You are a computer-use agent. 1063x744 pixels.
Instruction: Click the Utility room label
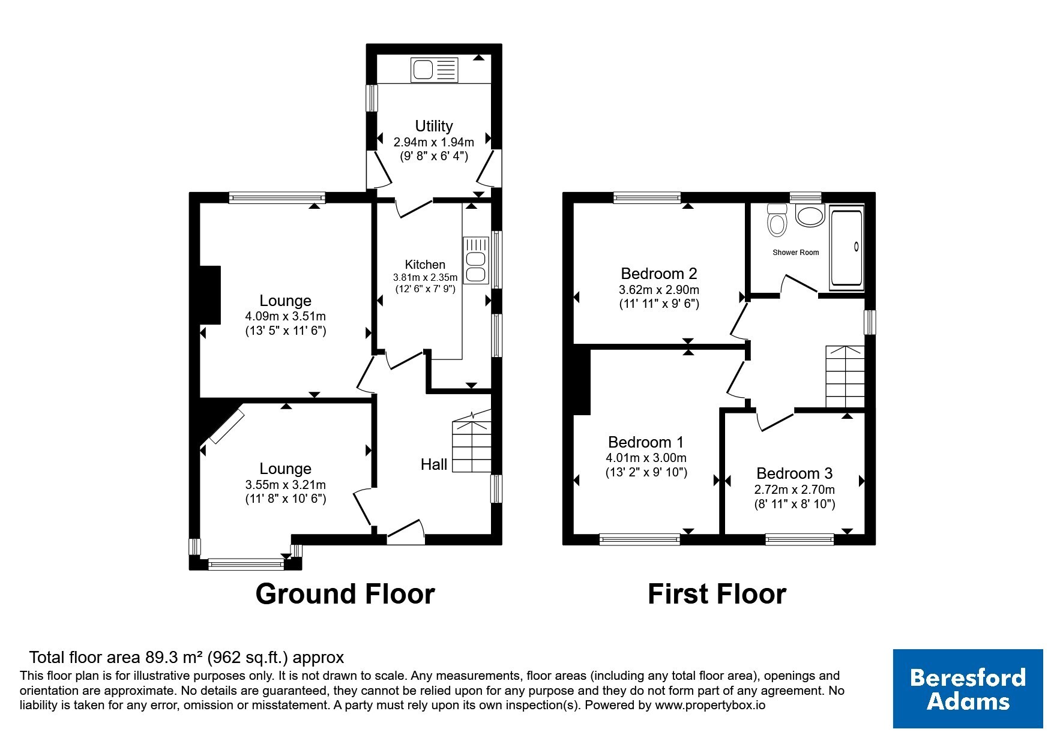(433, 126)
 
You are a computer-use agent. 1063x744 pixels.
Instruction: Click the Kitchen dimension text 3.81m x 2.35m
(425, 277)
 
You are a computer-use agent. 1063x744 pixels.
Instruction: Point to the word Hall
(434, 464)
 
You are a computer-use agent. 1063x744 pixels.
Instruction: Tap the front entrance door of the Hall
(406, 532)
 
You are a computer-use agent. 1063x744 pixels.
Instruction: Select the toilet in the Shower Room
(777, 220)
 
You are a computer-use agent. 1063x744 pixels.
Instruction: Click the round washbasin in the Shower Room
(810, 215)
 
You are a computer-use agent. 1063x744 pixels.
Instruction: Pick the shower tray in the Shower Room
(846, 247)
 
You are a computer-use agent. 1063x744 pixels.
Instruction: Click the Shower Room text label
(795, 253)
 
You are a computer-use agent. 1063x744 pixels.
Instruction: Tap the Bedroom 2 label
(658, 274)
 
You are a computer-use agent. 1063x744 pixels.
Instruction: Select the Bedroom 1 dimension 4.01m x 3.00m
(646, 458)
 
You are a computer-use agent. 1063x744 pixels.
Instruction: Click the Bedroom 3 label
(794, 473)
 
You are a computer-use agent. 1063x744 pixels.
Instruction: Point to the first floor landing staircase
(845, 377)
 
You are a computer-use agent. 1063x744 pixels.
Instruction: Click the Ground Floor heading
(345, 594)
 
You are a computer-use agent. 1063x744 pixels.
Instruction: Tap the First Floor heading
(717, 594)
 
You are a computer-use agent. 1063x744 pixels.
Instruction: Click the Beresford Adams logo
(968, 689)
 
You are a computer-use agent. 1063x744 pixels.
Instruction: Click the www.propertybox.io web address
(710, 706)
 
